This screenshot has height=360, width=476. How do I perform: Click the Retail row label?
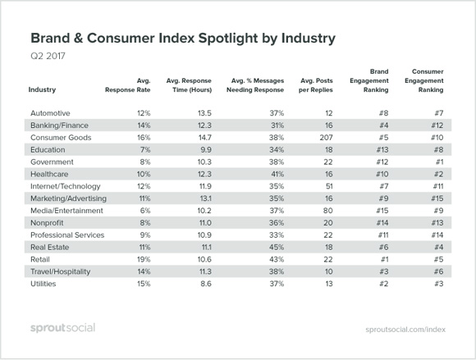pyautogui.click(x=40, y=259)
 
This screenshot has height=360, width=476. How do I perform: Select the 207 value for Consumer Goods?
pyautogui.click(x=326, y=138)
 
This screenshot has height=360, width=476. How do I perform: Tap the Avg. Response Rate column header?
pyautogui.click(x=128, y=85)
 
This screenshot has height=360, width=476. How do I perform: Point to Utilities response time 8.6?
pyautogui.click(x=206, y=284)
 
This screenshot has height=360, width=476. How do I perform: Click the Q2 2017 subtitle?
pyautogui.click(x=48, y=56)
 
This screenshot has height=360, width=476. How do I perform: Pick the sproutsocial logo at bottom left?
pyautogui.click(x=63, y=328)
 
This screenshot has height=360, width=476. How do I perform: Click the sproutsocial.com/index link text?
pyautogui.click(x=405, y=330)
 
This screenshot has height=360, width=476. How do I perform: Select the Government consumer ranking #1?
pyautogui.click(x=440, y=162)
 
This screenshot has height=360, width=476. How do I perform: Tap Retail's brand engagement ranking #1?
pyautogui.click(x=384, y=259)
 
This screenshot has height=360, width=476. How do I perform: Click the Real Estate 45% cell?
pyautogui.click(x=277, y=247)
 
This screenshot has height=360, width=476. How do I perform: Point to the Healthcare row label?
pyautogui.click(x=49, y=174)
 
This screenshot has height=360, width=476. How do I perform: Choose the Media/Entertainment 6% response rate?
pyautogui.click(x=145, y=211)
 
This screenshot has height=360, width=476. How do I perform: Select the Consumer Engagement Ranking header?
pyautogui.click(x=424, y=80)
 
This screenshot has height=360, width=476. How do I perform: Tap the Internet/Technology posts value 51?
pyautogui.click(x=329, y=186)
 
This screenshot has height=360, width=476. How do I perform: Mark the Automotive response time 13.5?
pyautogui.click(x=204, y=113)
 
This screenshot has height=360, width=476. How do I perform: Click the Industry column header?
pyautogui.click(x=42, y=89)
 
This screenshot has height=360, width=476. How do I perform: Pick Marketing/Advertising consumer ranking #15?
pyautogui.click(x=437, y=198)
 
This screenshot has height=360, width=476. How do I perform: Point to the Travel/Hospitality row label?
pyautogui.click(x=61, y=271)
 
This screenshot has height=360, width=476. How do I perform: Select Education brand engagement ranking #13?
pyautogui.click(x=382, y=150)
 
